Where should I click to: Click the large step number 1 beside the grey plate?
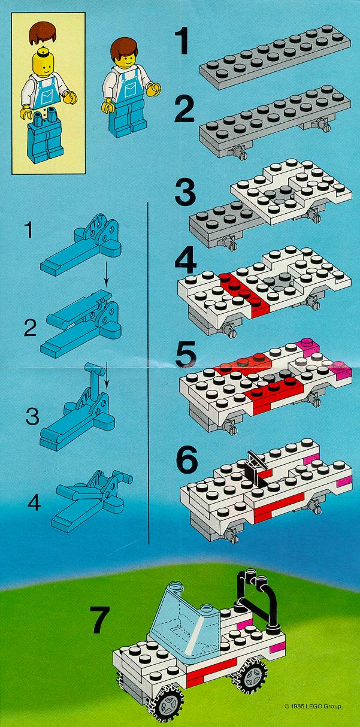coord(183,42)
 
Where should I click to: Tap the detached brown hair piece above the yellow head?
coord(41,33)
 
